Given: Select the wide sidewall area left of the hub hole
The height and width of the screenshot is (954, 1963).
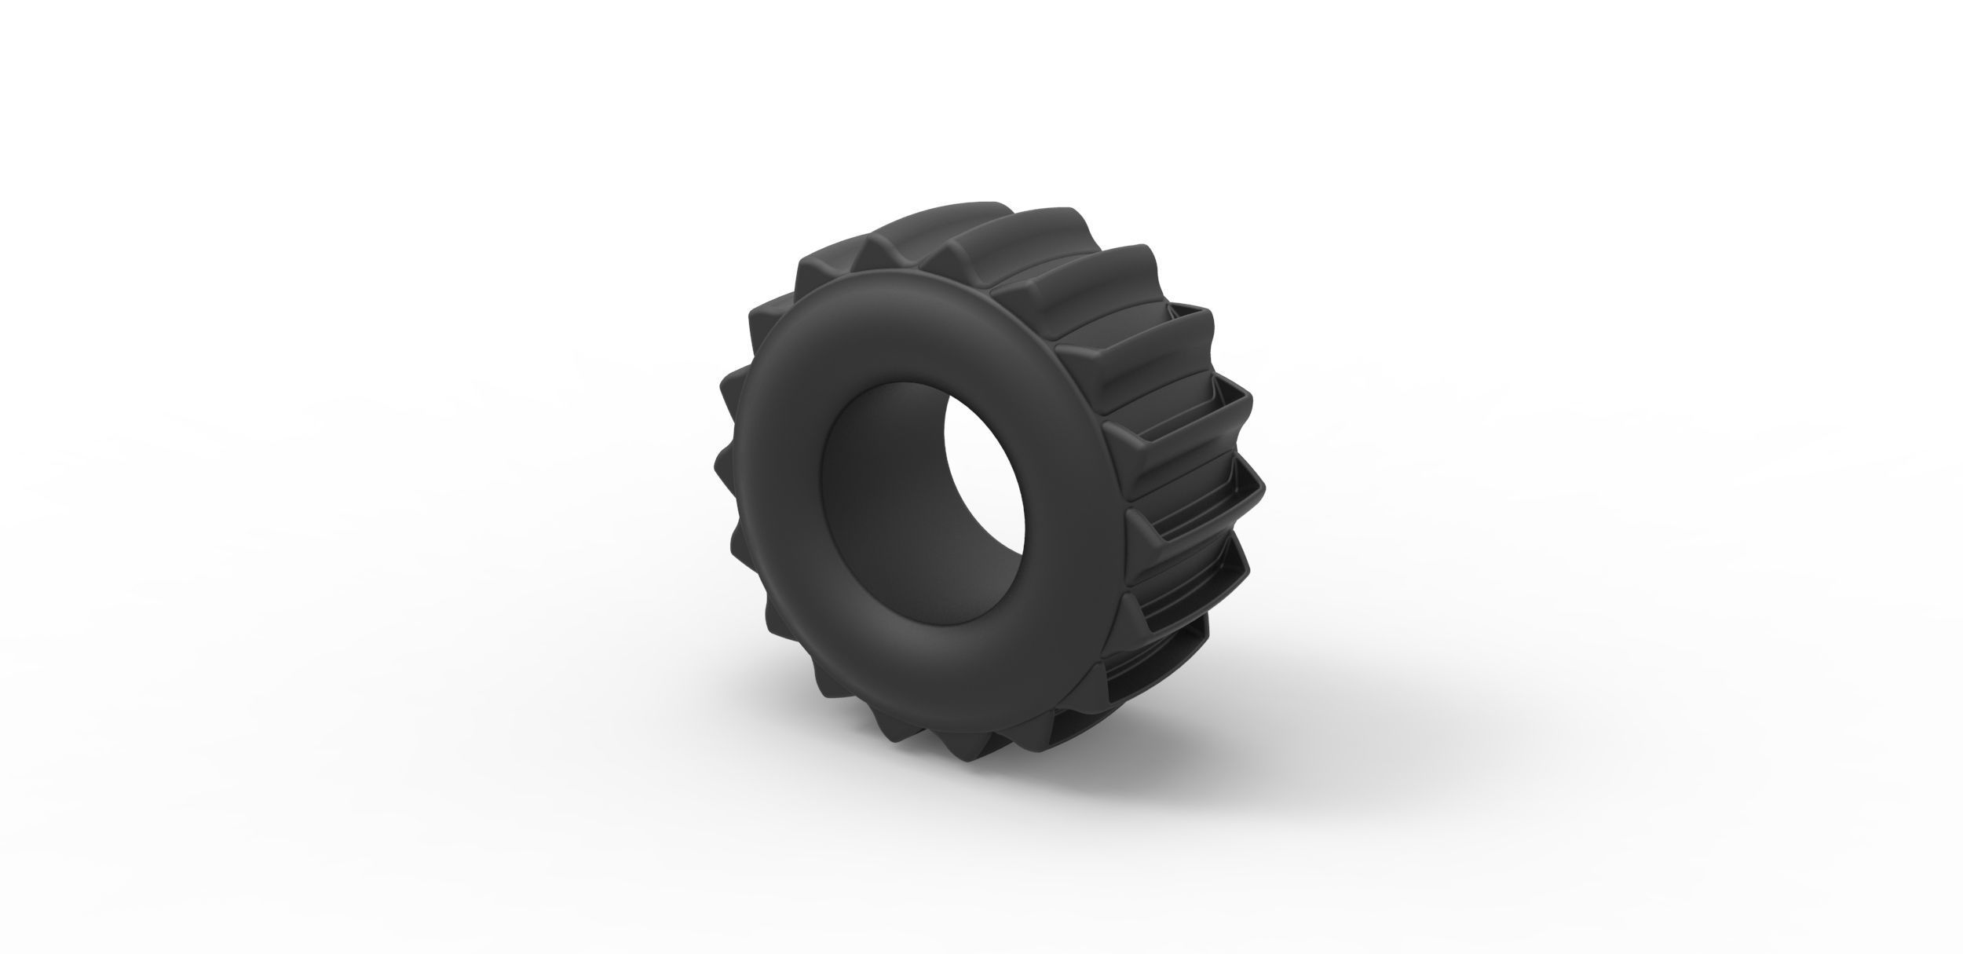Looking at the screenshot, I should click(773, 487).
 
